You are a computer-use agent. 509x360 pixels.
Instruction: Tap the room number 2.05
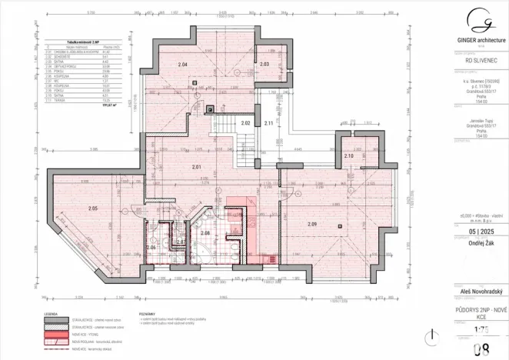click(x=93, y=208)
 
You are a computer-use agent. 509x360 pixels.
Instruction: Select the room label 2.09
click(x=312, y=224)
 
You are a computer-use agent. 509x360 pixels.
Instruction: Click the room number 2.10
click(x=348, y=156)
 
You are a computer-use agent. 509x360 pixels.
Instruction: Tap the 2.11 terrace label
click(x=269, y=123)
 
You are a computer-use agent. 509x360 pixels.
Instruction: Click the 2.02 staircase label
click(x=246, y=123)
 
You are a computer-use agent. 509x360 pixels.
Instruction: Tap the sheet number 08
click(x=481, y=352)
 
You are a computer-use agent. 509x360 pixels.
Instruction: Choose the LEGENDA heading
click(x=50, y=315)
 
